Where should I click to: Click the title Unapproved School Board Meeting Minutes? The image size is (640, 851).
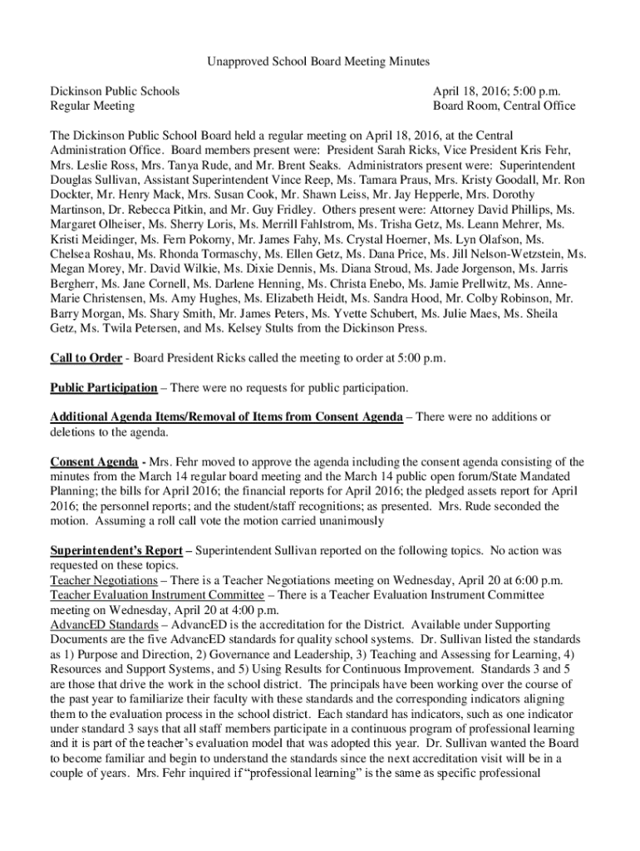tap(319, 61)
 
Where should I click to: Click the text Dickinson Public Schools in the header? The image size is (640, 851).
tap(115, 91)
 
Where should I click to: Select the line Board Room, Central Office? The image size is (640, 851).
tap(504, 106)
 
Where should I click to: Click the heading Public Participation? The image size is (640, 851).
tap(104, 387)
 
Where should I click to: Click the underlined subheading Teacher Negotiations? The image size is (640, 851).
tap(104, 580)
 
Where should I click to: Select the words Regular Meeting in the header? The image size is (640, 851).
tap(92, 106)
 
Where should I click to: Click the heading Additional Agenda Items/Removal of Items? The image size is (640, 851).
tap(226, 417)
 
